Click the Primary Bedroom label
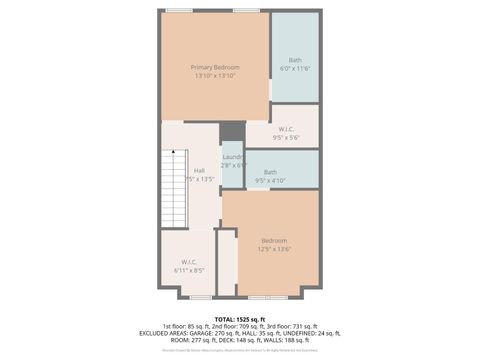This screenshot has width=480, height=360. pos(215,67)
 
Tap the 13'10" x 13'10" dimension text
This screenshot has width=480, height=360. pos(215,76)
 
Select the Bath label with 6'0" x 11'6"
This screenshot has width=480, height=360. pos(295,59)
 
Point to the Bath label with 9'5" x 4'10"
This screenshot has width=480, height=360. pos(270,172)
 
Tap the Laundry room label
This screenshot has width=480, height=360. pos(233,158)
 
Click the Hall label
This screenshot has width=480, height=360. pos(199,171)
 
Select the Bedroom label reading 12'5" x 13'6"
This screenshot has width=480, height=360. pos(275,240)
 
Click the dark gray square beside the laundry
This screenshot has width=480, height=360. pos(232,131)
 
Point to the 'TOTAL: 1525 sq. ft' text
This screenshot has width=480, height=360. pos(240,318)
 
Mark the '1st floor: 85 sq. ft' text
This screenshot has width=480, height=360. pos(186,325)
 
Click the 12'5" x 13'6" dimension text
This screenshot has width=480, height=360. pos(275,249)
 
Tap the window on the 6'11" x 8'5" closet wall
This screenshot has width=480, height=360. pos(200,297)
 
